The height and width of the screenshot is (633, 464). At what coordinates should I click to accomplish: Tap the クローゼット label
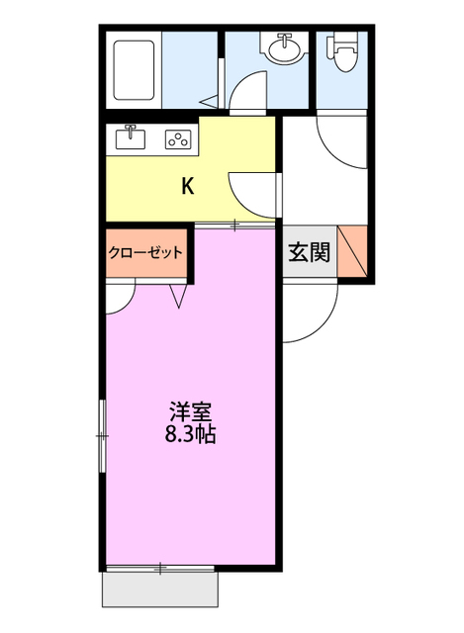145,252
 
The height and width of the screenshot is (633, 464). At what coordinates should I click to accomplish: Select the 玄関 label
308,253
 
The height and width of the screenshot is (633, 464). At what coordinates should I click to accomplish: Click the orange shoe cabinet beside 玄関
354,252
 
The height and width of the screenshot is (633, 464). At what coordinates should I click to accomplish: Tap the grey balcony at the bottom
161,590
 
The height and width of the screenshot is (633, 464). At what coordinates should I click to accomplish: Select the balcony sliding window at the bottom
160,568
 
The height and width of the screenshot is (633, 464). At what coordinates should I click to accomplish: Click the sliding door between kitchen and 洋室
234,226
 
